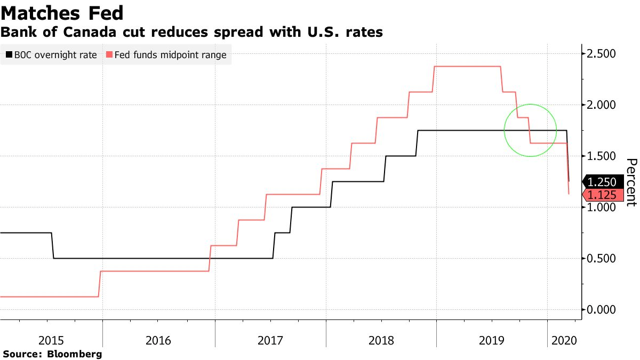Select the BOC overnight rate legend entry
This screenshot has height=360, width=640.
coord(51,55)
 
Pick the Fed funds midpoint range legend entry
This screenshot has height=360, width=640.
coord(166,55)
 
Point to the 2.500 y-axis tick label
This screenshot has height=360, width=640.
coord(601,54)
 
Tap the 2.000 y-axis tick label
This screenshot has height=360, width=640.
coord(601,105)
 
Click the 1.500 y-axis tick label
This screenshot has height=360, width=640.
coord(601,156)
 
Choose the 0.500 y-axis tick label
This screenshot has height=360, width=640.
coord(601,259)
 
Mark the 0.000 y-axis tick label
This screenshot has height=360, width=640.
coord(601,310)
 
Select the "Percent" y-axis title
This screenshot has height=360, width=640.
coord(631,182)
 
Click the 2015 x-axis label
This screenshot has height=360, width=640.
coord(51,340)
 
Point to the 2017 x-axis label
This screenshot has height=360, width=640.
coord(271,340)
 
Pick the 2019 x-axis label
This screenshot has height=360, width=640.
coord(492,340)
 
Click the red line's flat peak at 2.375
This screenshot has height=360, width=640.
coord(468,66)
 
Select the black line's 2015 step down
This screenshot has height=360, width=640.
coord(53,246)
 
